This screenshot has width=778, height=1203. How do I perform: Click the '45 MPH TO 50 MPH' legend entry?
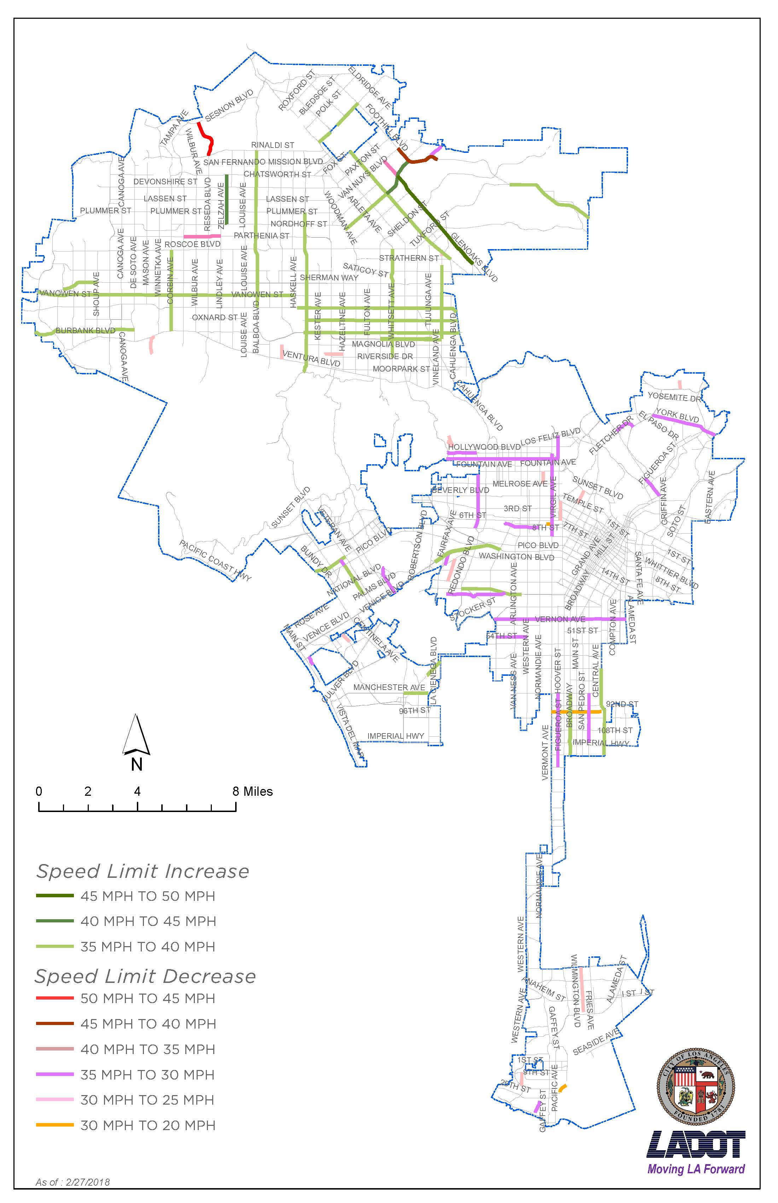[147, 896]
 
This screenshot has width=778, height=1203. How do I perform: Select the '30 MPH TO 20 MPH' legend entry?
[147, 1125]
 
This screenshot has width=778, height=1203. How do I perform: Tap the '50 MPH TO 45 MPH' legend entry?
[147, 998]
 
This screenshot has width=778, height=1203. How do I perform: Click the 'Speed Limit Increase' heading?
[143, 871]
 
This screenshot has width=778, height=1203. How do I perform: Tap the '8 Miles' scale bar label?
[252, 792]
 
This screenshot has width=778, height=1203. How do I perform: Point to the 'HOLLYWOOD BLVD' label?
[484, 447]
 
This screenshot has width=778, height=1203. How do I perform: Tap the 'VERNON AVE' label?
[560, 619]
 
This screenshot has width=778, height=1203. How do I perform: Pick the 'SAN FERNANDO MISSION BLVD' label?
[263, 162]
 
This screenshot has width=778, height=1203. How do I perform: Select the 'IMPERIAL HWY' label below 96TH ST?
[396, 736]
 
